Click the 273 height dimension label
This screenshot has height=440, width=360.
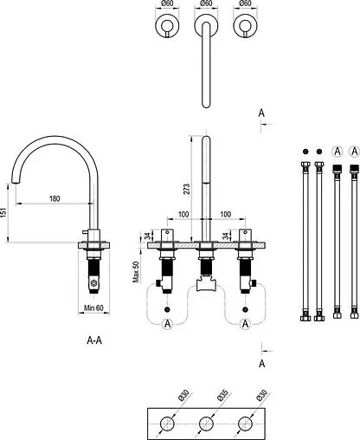pyautogui.click(x=187, y=189)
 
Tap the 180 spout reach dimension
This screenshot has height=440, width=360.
pyautogui.click(x=55, y=198)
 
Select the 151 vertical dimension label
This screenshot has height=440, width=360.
pyautogui.click(x=3, y=212)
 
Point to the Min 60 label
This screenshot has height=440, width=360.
pyautogui.click(x=93, y=308)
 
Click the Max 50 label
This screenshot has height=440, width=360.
pyautogui.click(x=136, y=272)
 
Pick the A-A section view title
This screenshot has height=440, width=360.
pyautogui.click(x=94, y=340)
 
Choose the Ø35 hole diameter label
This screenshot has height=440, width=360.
pyautogui.click(x=222, y=395)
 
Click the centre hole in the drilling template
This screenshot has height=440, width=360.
pyautogui.click(x=206, y=424)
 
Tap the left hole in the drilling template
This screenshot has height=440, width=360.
pyautogui.click(x=167, y=424)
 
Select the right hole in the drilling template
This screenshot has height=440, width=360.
pyautogui.click(x=246, y=424)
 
